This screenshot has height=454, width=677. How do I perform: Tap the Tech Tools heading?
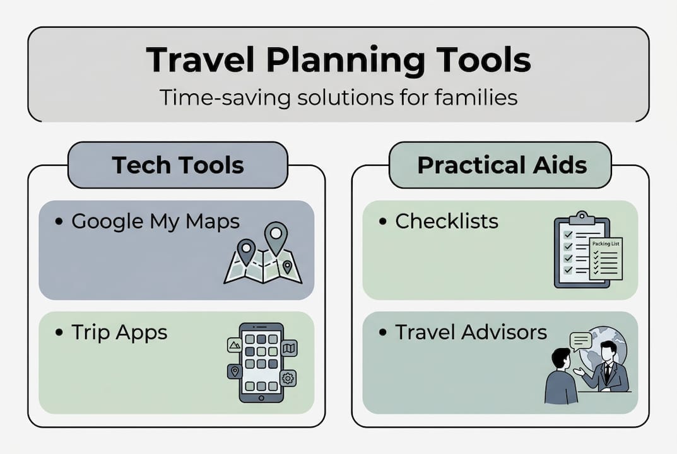tap(178, 165)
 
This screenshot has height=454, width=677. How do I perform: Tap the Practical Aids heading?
tap(502, 165)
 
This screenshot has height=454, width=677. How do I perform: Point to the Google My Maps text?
tap(155, 221)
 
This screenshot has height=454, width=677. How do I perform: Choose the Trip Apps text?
tap(119, 332)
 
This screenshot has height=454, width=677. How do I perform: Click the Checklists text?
tap(447, 221)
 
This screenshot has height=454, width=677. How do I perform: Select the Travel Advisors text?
tap(471, 332)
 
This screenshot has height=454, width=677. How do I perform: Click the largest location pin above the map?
tap(275, 235)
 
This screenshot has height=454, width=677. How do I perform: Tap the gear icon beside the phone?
tap(288, 378)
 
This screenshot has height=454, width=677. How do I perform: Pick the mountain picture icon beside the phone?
tap(235, 345)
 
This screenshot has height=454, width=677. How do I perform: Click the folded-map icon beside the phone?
tap(289, 348)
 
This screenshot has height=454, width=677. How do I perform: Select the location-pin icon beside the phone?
tap(235, 371)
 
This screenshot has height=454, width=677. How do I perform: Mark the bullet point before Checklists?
tap(382, 222)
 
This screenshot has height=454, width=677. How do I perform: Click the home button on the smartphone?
tap(261, 396)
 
